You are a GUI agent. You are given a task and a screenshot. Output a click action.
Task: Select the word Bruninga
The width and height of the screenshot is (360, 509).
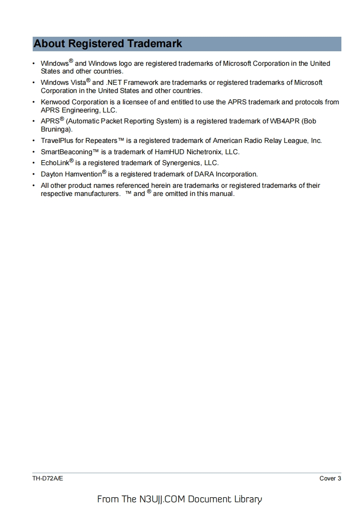click(55, 129)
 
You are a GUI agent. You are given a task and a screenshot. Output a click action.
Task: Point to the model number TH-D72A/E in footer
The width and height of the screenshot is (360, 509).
click(48, 479)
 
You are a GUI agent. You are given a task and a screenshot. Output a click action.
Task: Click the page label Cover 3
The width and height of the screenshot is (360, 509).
click(330, 479)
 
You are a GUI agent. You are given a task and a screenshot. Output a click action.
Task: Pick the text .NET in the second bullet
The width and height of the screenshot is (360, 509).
click(113, 83)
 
